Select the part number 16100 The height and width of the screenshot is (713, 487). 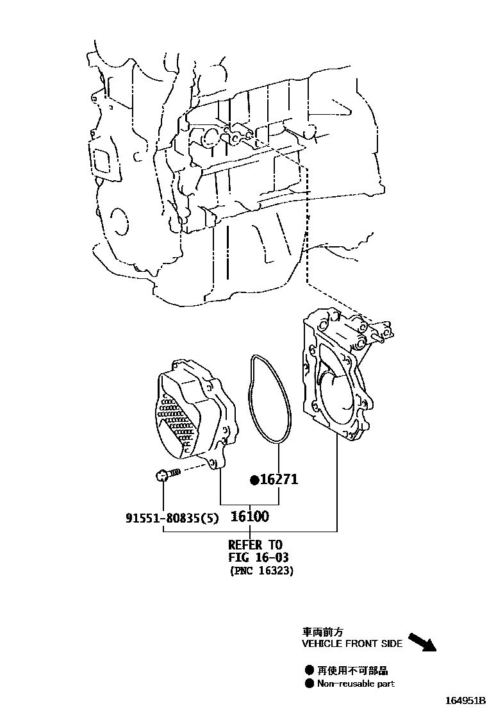coord(249,516)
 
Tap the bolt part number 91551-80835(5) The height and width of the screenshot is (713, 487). coord(171,517)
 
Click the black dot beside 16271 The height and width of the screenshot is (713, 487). coord(254,480)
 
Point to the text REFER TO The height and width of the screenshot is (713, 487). coord(255,545)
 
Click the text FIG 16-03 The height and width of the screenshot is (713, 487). coord(258,558)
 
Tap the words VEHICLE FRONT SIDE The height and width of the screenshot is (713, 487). coord(352,643)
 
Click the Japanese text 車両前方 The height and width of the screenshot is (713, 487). coord(320,631)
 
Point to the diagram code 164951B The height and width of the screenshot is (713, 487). coord(461,700)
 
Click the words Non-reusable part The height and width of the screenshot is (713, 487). coord(356,684)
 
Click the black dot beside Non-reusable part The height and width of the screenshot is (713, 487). coord(309,684)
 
